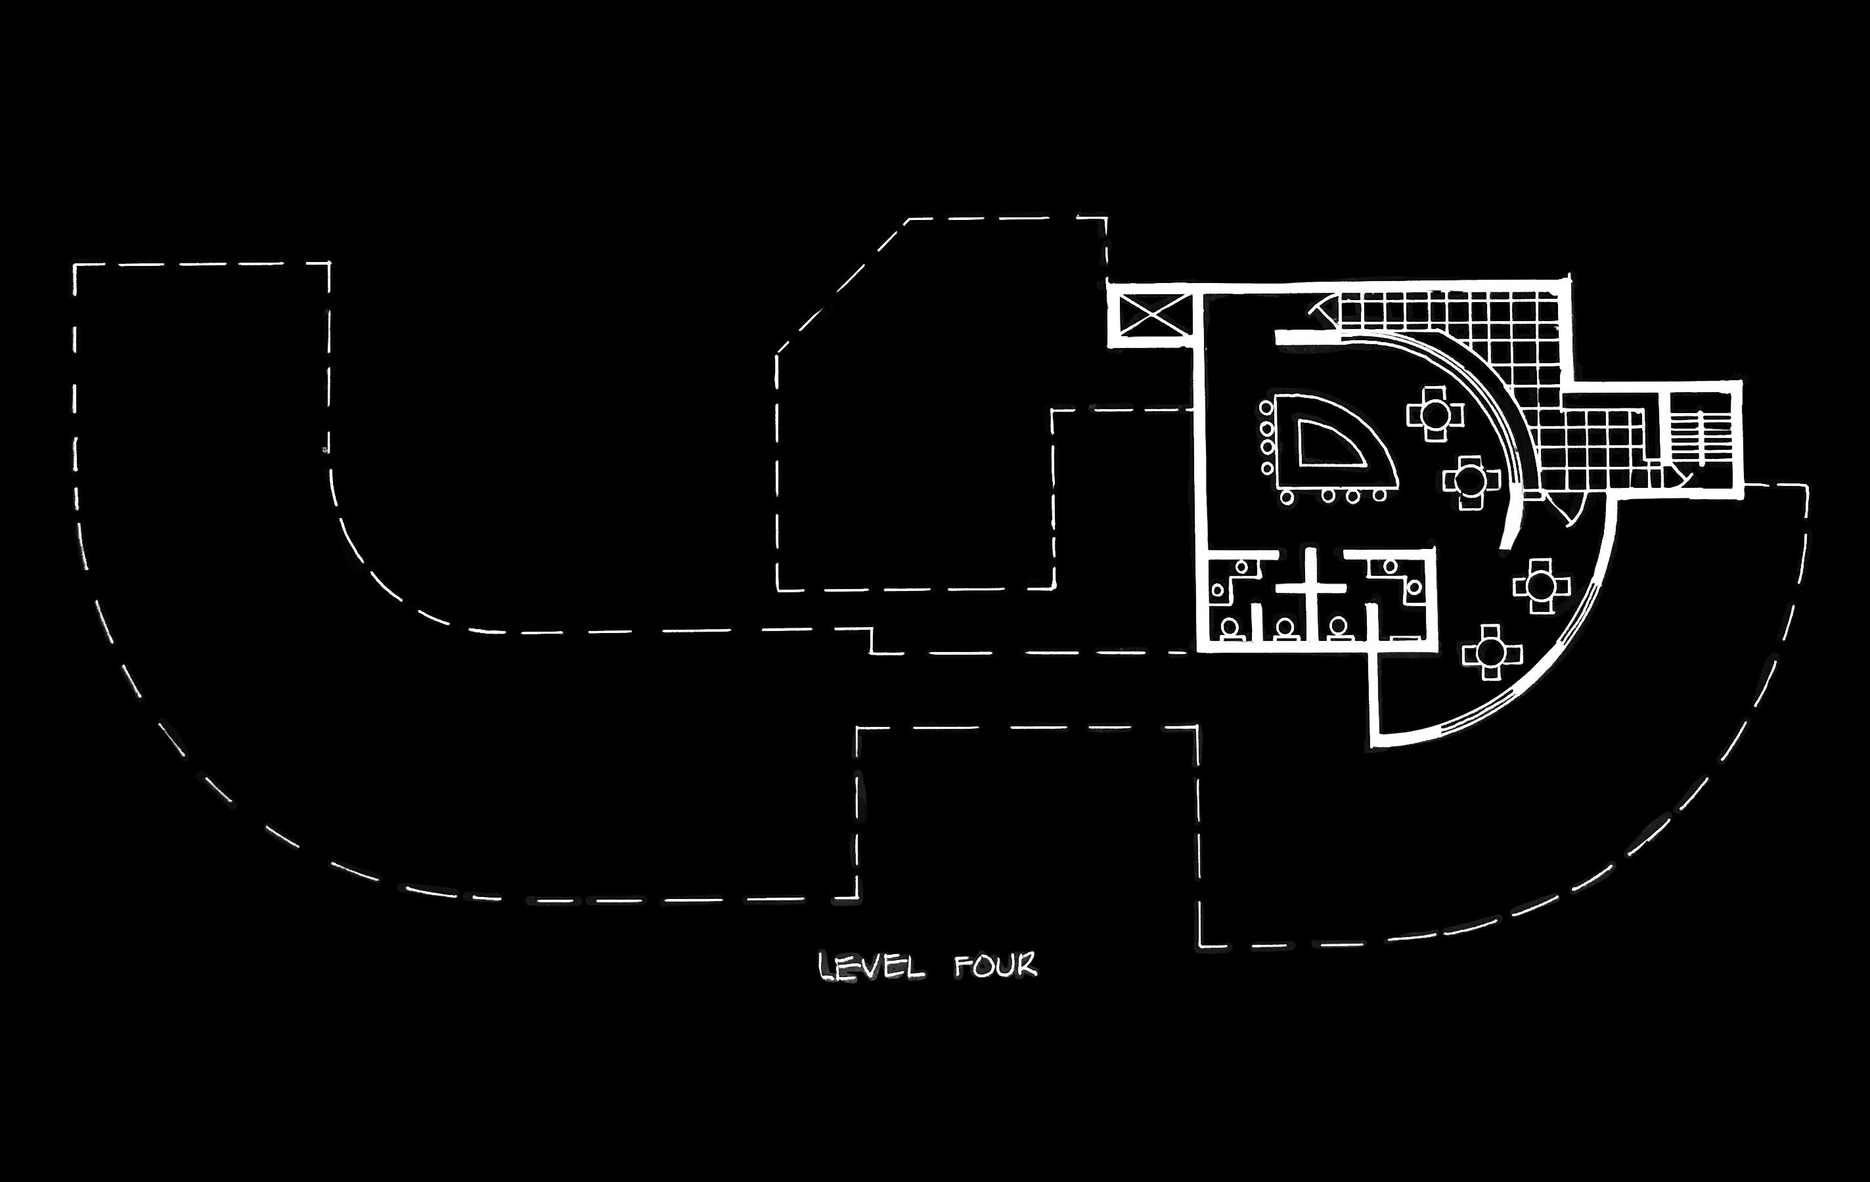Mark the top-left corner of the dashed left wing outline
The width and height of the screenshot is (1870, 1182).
pyautogui.click(x=76, y=265)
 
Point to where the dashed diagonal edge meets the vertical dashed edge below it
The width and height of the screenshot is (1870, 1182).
pyautogui.click(x=777, y=354)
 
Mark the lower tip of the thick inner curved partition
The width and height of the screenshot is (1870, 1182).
pyautogui.click(x=1503, y=548)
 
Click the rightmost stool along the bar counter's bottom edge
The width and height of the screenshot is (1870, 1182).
pyautogui.click(x=1380, y=494)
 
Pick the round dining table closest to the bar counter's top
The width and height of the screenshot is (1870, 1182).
pyautogui.click(x=1435, y=413)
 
